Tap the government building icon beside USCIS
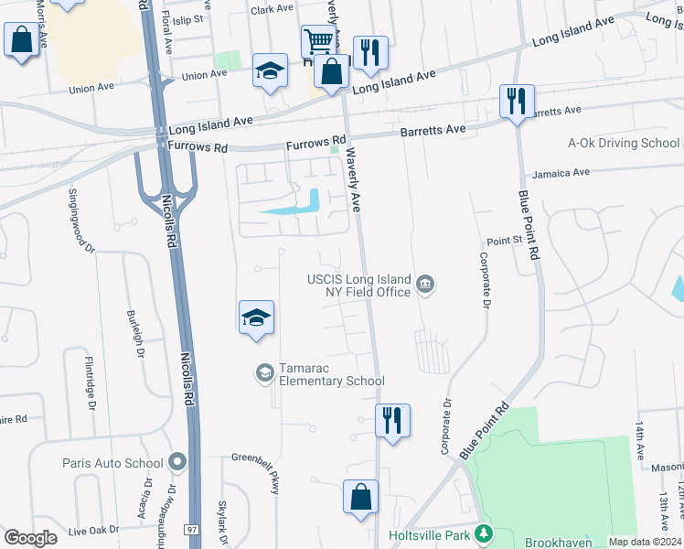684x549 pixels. pos(425,285)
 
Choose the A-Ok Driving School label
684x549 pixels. pos(624,143)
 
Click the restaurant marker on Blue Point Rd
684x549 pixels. pos(517,101)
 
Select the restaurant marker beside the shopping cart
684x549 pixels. pos(369,52)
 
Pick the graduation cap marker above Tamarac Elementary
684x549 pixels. pos(257,318)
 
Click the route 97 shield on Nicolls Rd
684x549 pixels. pos(190,530)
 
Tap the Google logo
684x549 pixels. pos(30,537)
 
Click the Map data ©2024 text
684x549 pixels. pos(645,542)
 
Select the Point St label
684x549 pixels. pos(503,240)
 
